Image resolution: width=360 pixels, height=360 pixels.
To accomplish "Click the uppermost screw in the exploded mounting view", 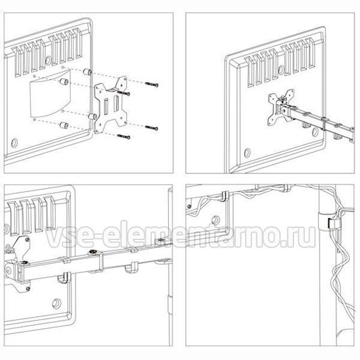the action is click(x=152, y=84).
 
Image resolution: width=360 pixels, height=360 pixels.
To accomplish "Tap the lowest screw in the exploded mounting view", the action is click(x=124, y=137).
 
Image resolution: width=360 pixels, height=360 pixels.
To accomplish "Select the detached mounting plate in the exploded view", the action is click(x=111, y=105).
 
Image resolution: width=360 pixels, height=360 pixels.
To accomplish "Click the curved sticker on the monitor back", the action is click(x=50, y=94).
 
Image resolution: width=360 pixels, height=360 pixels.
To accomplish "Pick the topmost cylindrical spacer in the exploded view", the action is click(x=87, y=72).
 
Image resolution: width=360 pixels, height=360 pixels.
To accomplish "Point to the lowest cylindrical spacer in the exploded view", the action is click(x=64, y=125).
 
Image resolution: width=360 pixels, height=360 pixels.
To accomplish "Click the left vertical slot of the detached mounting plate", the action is click(x=106, y=106).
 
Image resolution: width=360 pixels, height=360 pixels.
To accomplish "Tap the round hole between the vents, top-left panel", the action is click(x=48, y=61).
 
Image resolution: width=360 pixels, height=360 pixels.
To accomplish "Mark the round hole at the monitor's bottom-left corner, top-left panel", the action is click(x=14, y=143).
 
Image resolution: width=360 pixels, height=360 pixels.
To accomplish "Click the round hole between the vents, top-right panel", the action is click(x=281, y=70).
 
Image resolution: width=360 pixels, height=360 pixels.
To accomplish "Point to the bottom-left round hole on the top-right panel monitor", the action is click(x=247, y=152).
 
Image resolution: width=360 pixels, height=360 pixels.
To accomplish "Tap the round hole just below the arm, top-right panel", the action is click(x=315, y=132).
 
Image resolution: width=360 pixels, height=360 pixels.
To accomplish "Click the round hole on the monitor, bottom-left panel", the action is click(x=56, y=304).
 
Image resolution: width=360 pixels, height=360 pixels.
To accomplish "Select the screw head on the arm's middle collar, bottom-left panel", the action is click(x=94, y=252).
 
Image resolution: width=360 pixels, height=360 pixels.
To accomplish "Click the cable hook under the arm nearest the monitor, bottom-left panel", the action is click(x=64, y=278).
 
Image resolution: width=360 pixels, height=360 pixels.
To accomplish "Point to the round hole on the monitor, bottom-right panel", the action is click(x=215, y=220).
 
